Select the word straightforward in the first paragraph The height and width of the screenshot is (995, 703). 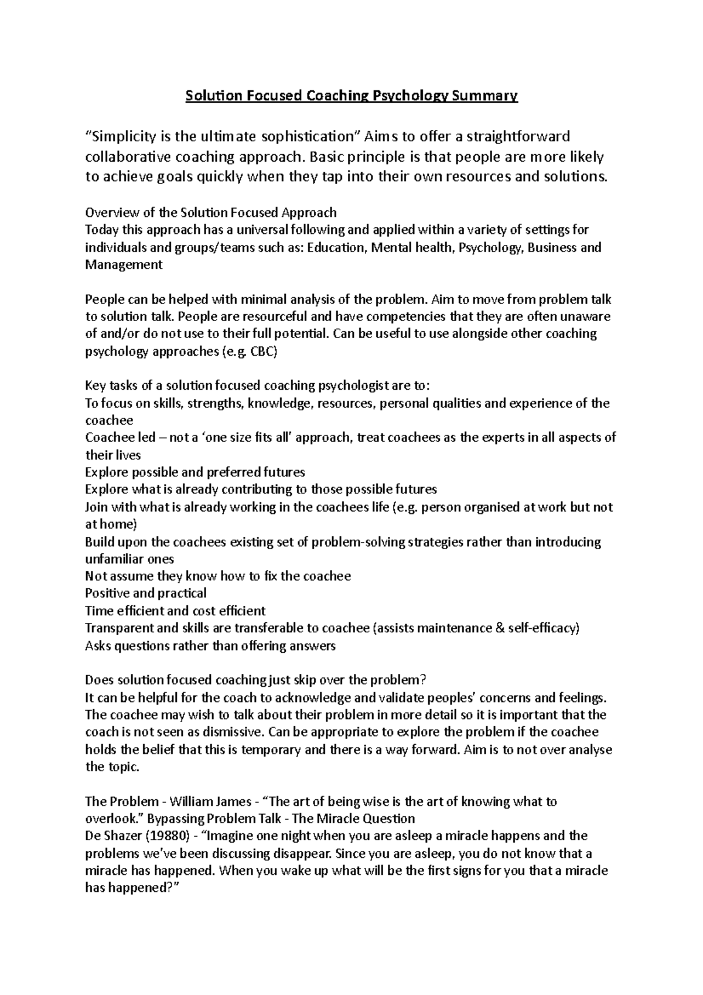pos(517,137)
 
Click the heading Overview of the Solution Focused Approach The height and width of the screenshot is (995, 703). pos(211,212)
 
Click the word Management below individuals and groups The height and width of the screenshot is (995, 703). pos(124,265)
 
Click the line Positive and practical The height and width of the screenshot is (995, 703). pos(146,593)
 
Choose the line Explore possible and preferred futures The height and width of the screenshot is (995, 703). pos(195,472)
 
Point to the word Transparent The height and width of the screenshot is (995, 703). pos(119,628)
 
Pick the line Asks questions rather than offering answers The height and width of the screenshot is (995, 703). pos(210,646)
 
